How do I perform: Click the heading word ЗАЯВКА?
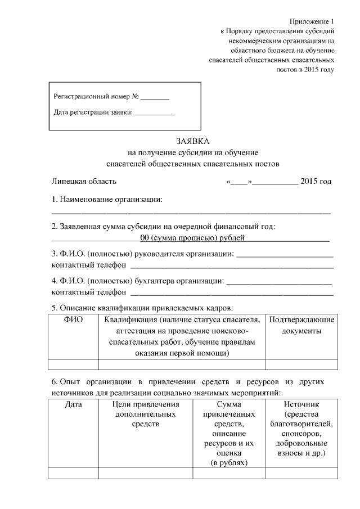pyautogui.click(x=192, y=141)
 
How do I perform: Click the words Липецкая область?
pyautogui.click(x=84, y=181)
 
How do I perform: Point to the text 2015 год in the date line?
pyautogui.click(x=316, y=181)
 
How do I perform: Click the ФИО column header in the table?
pyautogui.click(x=74, y=320)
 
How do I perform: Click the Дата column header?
pyautogui.click(x=74, y=404)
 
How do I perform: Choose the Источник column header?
pyautogui.click(x=301, y=404)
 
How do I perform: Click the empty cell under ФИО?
pyautogui.click(x=74, y=364)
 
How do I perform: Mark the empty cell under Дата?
pyautogui.click(x=74, y=474)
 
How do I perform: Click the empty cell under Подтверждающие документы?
pyautogui.click(x=301, y=364)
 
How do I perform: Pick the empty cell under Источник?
pyautogui.click(x=301, y=474)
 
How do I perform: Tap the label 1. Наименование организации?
pyautogui.click(x=107, y=200)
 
